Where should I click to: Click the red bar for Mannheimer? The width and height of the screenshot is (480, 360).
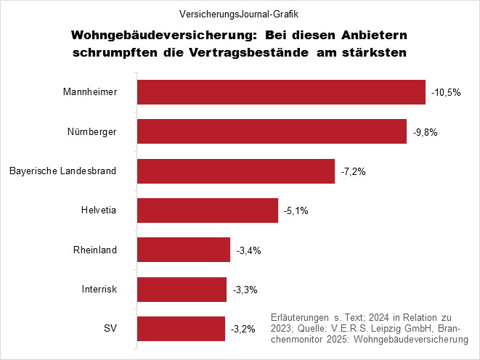(281, 92)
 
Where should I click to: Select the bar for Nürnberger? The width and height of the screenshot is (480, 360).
(272, 131)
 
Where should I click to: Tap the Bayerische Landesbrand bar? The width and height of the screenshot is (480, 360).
(235, 171)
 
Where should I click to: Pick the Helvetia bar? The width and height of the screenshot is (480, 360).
(207, 210)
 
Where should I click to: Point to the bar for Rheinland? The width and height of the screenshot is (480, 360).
(183, 250)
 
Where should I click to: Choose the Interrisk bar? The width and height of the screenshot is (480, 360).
(182, 290)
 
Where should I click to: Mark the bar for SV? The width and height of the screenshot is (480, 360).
(181, 329)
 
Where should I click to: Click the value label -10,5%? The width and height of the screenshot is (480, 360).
(446, 93)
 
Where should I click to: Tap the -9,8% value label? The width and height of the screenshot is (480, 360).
(426, 132)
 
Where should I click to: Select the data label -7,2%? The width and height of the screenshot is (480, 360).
(354, 172)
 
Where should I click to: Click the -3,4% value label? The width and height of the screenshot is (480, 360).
(249, 251)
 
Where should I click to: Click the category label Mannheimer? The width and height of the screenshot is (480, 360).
(90, 92)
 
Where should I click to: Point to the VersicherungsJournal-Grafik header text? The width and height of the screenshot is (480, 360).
(240, 14)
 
